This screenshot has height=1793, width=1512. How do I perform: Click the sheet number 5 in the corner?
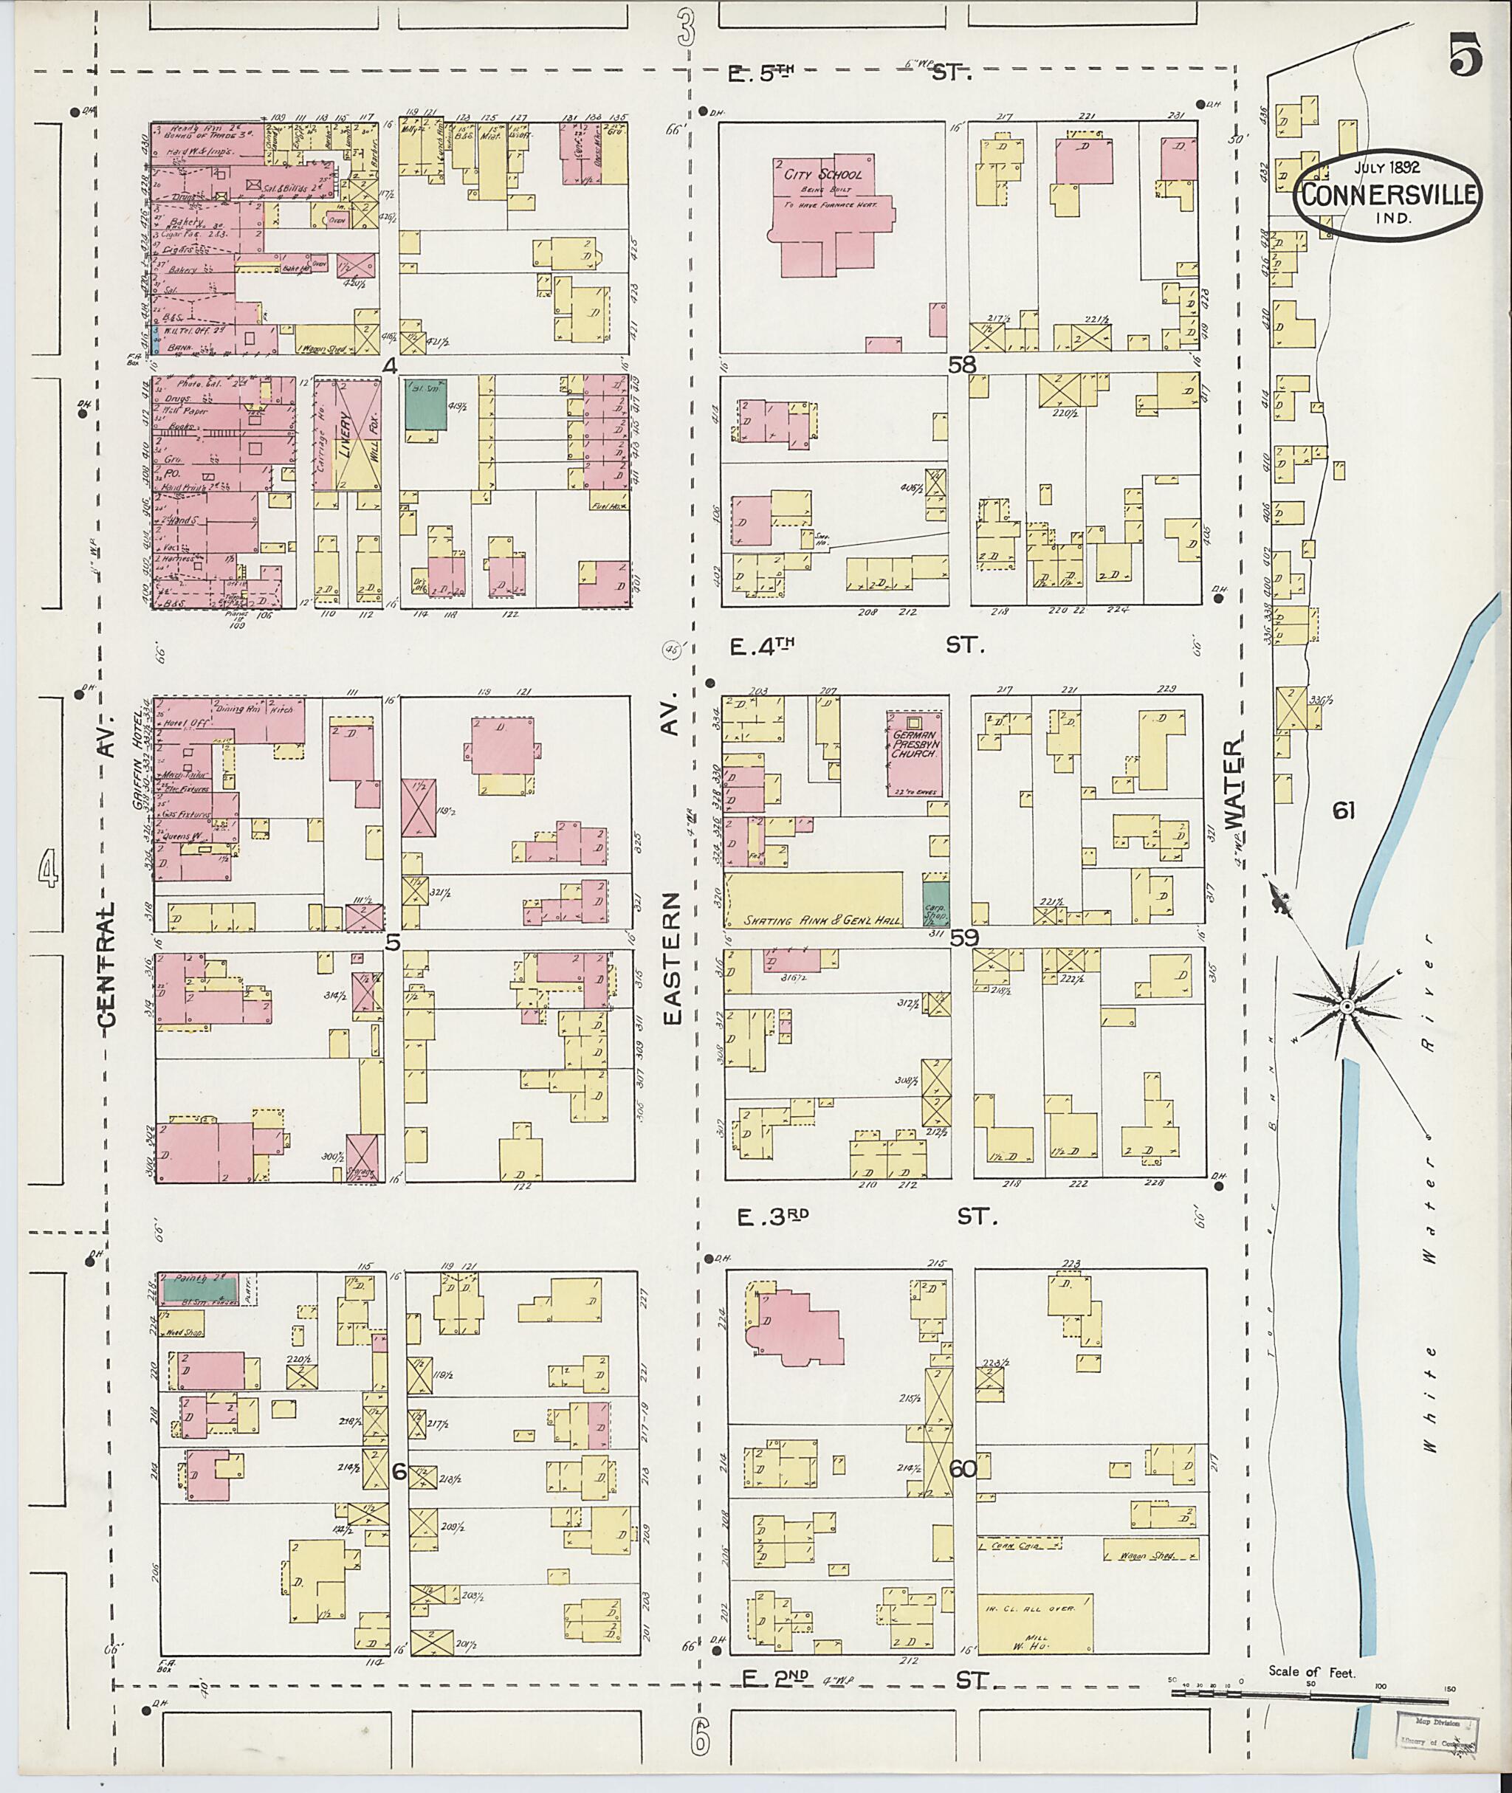point(1466,58)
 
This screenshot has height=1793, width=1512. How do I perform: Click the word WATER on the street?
point(1235,784)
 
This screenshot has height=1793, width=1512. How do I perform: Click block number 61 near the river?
point(1343,809)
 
